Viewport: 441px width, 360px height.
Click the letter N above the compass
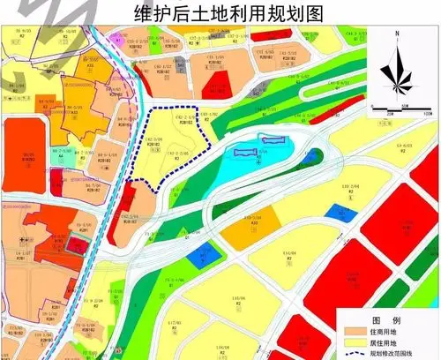(399, 36)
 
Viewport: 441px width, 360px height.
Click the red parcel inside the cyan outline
(273, 139)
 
